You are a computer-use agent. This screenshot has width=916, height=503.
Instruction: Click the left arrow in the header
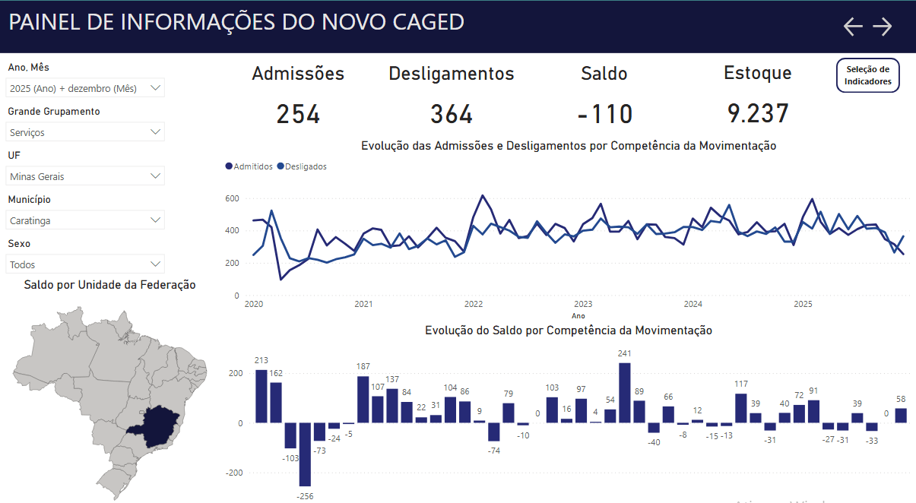coord(853,27)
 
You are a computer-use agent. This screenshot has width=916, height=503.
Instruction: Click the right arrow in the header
coord(883,27)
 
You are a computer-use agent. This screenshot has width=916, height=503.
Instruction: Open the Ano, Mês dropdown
coord(85,88)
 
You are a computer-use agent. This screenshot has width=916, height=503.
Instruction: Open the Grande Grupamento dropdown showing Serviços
coord(85,132)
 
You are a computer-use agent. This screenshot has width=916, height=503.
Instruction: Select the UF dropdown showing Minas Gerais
coord(85,176)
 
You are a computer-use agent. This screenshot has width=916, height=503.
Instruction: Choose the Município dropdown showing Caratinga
coord(85,220)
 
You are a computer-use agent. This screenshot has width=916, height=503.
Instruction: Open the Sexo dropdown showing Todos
coord(85,264)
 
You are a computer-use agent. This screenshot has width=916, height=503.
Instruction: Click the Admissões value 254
coord(298,114)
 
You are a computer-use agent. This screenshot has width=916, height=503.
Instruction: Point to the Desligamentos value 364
coord(452,114)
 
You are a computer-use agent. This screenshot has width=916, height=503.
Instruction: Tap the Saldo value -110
coord(604,114)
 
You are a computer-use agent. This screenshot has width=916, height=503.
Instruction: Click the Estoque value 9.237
coord(758,114)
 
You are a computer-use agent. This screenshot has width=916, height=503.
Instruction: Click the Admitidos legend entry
coord(249,166)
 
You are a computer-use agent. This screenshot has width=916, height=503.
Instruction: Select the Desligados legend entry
coord(302,166)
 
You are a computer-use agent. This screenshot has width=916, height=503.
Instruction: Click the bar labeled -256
coord(305,454)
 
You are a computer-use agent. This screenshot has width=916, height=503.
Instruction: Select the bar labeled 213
coord(261,396)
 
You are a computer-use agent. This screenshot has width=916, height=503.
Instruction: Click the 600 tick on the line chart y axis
coord(232,199)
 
